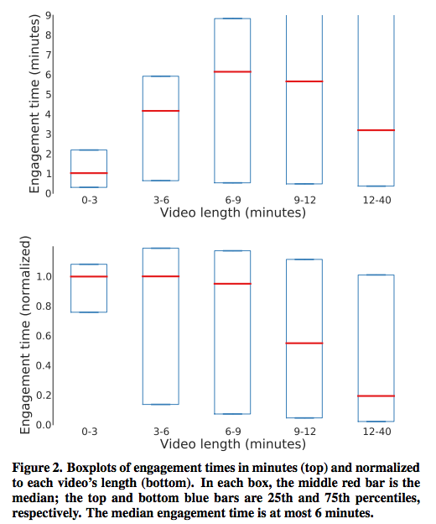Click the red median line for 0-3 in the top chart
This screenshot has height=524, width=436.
(89, 173)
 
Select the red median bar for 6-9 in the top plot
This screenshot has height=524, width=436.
(232, 71)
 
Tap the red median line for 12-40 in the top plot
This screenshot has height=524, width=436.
(376, 130)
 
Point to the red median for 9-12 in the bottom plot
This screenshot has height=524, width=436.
(304, 343)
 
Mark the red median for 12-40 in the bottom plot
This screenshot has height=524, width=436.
(376, 396)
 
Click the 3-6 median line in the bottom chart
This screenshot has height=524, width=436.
(161, 276)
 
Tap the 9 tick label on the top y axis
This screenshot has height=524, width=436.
(49, 15)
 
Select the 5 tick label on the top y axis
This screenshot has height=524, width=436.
(49, 94)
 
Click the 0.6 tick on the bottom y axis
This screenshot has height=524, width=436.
(44, 336)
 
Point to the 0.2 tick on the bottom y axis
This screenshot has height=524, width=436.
(44, 395)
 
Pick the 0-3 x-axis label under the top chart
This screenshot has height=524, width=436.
(90, 200)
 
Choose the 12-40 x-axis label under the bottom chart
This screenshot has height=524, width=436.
(376, 432)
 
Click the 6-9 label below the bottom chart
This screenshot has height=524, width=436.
(233, 432)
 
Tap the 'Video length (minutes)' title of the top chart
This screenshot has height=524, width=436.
(233, 212)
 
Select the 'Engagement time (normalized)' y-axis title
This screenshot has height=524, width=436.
(25, 335)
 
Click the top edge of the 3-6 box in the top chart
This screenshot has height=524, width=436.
(161, 76)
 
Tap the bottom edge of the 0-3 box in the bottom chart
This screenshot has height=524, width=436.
(89, 312)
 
